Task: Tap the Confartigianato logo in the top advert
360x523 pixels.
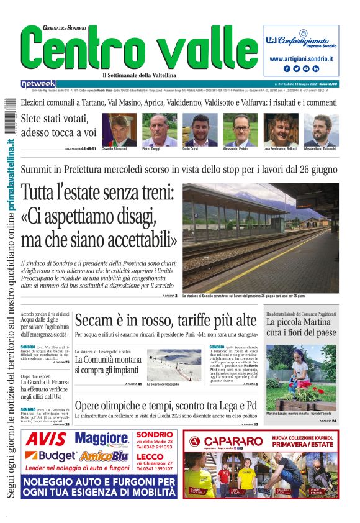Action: pyautogui.click(x=301, y=38)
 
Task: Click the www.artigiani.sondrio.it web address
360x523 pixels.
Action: pyautogui.click(x=301, y=58)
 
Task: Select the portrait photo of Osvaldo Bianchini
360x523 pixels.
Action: pyautogui.click(x=119, y=129)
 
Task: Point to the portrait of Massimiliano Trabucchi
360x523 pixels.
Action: pyautogui.click(x=321, y=129)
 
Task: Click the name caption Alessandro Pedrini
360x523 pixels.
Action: pyautogui.click(x=240, y=149)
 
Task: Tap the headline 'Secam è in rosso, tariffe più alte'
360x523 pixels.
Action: pyautogui.click(x=165, y=321)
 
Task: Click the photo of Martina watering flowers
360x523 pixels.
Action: pyautogui.click(x=301, y=378)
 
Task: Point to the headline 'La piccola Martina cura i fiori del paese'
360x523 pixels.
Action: pyautogui.click(x=301, y=328)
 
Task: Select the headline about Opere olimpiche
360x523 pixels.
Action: pyautogui.click(x=166, y=406)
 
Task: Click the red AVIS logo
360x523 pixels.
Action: pyautogui.click(x=46, y=440)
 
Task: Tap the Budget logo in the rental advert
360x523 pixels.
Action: pyautogui.click(x=50, y=457)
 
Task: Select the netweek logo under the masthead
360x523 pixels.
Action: pyautogui.click(x=38, y=84)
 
